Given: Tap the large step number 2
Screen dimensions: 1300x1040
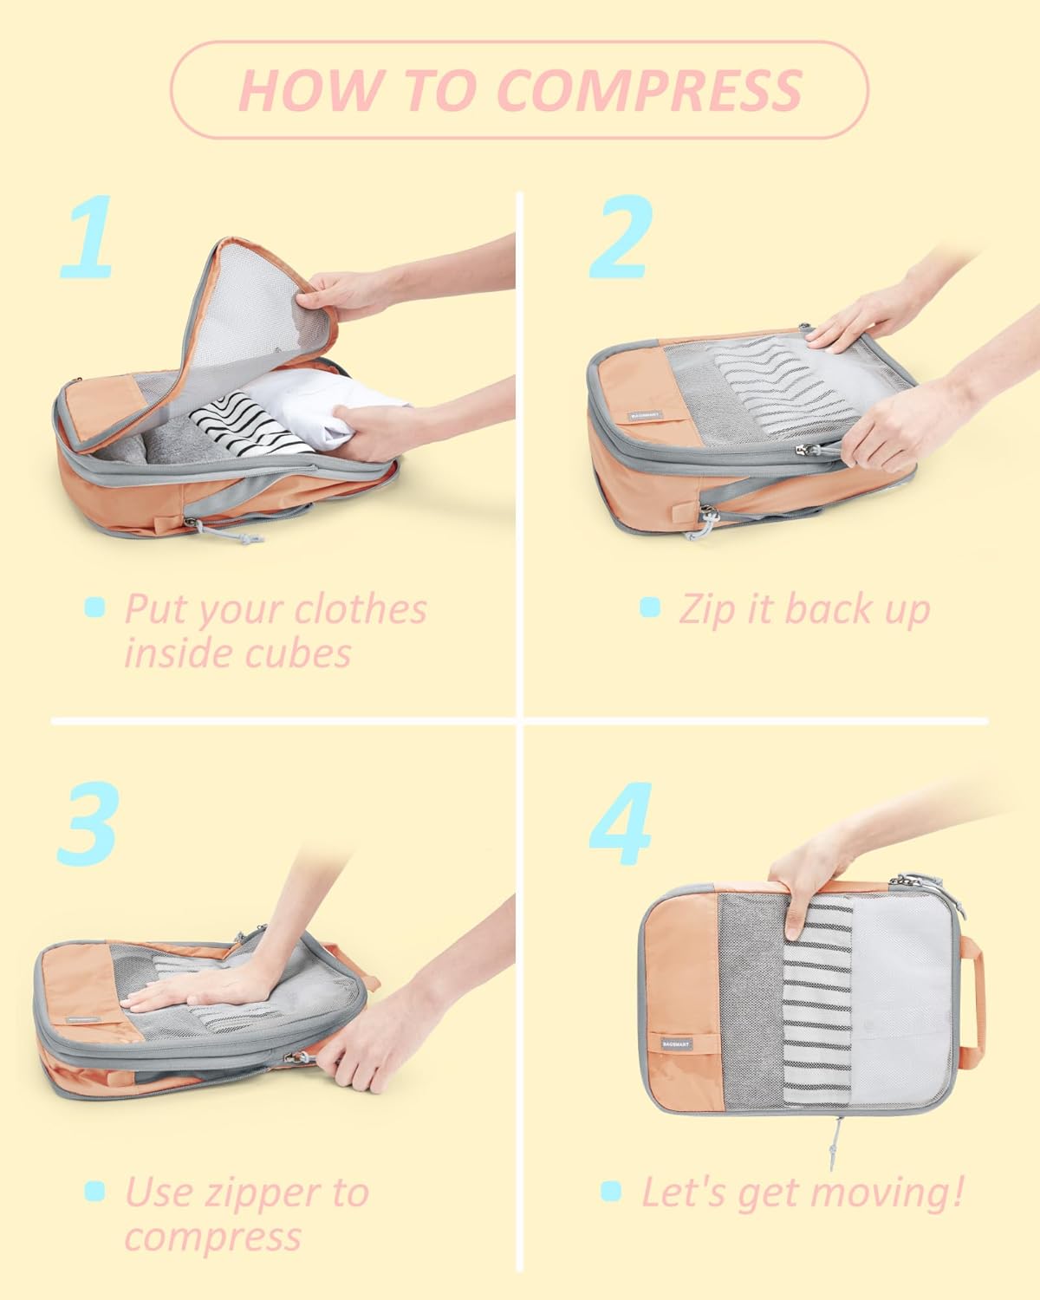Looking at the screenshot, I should click(621, 237).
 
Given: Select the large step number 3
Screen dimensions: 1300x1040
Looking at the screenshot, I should click(88, 823).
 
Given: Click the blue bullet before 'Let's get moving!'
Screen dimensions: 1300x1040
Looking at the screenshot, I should click(611, 1192).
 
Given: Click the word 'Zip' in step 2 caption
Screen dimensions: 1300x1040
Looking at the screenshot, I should click(701, 609).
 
